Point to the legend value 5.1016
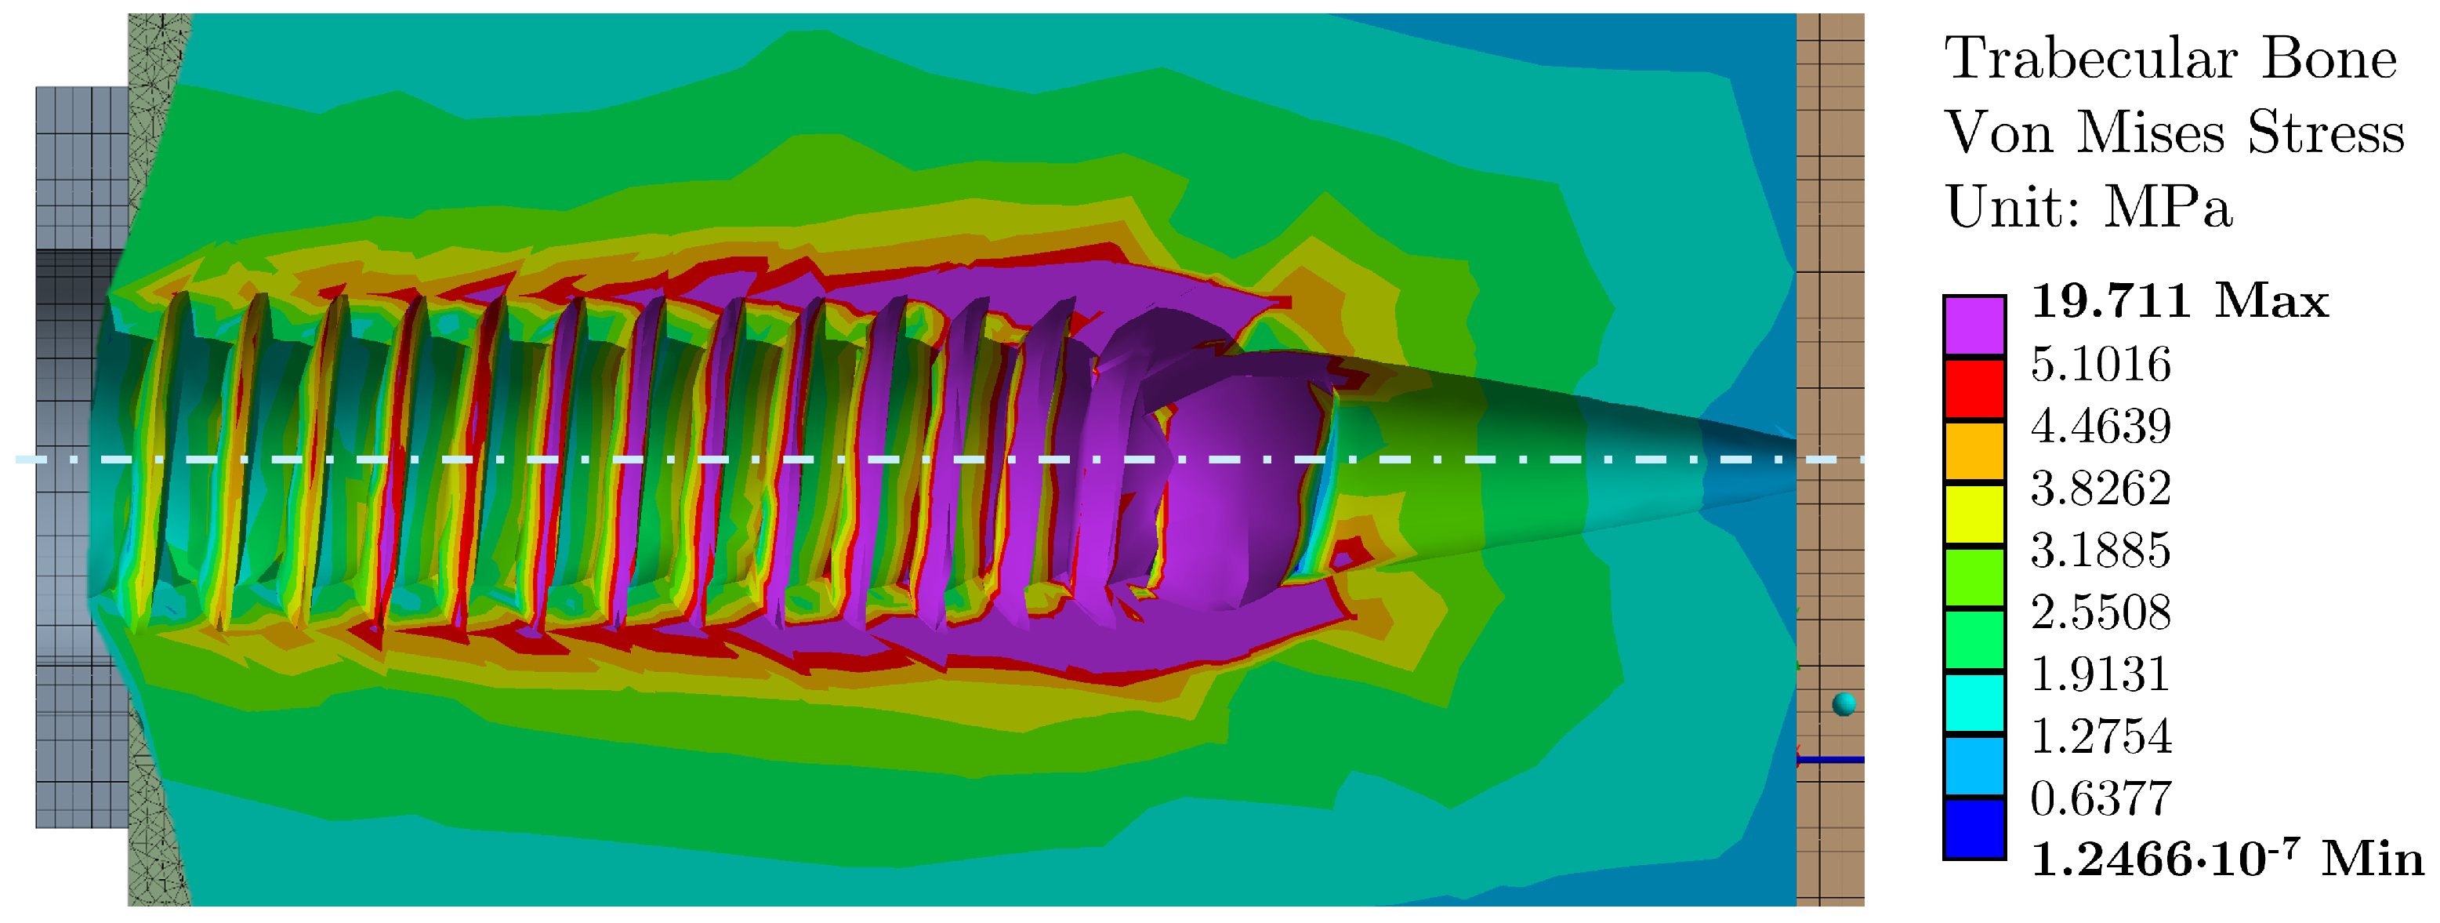[2101, 364]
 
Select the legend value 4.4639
[2101, 427]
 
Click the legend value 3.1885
[2101, 551]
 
